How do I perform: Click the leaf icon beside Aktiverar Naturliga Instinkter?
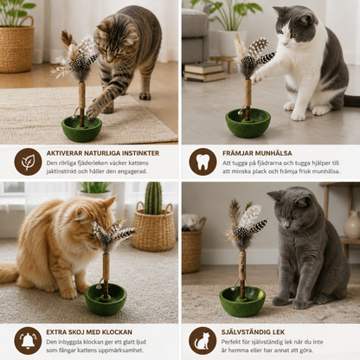point(28,162)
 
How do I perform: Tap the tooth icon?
point(202,162)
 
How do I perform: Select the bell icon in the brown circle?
point(28,341)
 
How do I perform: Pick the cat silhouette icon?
point(202,341)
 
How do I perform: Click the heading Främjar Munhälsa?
point(257,153)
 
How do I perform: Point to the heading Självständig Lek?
point(253,332)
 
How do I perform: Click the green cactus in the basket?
point(153,198)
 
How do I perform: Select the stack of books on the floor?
point(204,72)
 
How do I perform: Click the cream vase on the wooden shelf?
point(352,224)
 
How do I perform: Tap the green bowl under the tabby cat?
point(81,128)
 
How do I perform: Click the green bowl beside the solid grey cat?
point(242,301)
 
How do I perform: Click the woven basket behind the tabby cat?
point(16,45)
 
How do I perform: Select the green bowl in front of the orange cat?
point(106,299)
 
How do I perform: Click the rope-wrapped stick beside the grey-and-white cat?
point(247,96)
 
